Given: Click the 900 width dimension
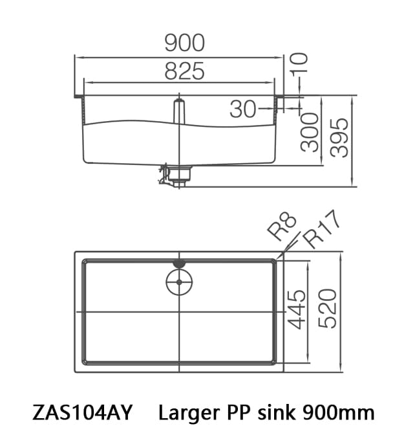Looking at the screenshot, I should pyautogui.click(x=184, y=43).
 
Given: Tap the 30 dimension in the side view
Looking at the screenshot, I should pyautogui.click(x=243, y=109).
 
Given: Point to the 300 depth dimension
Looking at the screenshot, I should pyautogui.click(x=310, y=131).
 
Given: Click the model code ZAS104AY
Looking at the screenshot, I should pyautogui.click(x=81, y=412).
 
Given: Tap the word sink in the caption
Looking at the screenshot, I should pyautogui.click(x=275, y=412).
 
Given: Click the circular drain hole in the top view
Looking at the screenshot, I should pyautogui.click(x=179, y=282).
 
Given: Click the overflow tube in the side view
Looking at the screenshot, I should pyautogui.click(x=180, y=110).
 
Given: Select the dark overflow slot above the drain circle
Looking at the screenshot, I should pyautogui.click(x=179, y=263).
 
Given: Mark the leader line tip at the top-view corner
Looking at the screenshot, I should pyautogui.click(x=276, y=260).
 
